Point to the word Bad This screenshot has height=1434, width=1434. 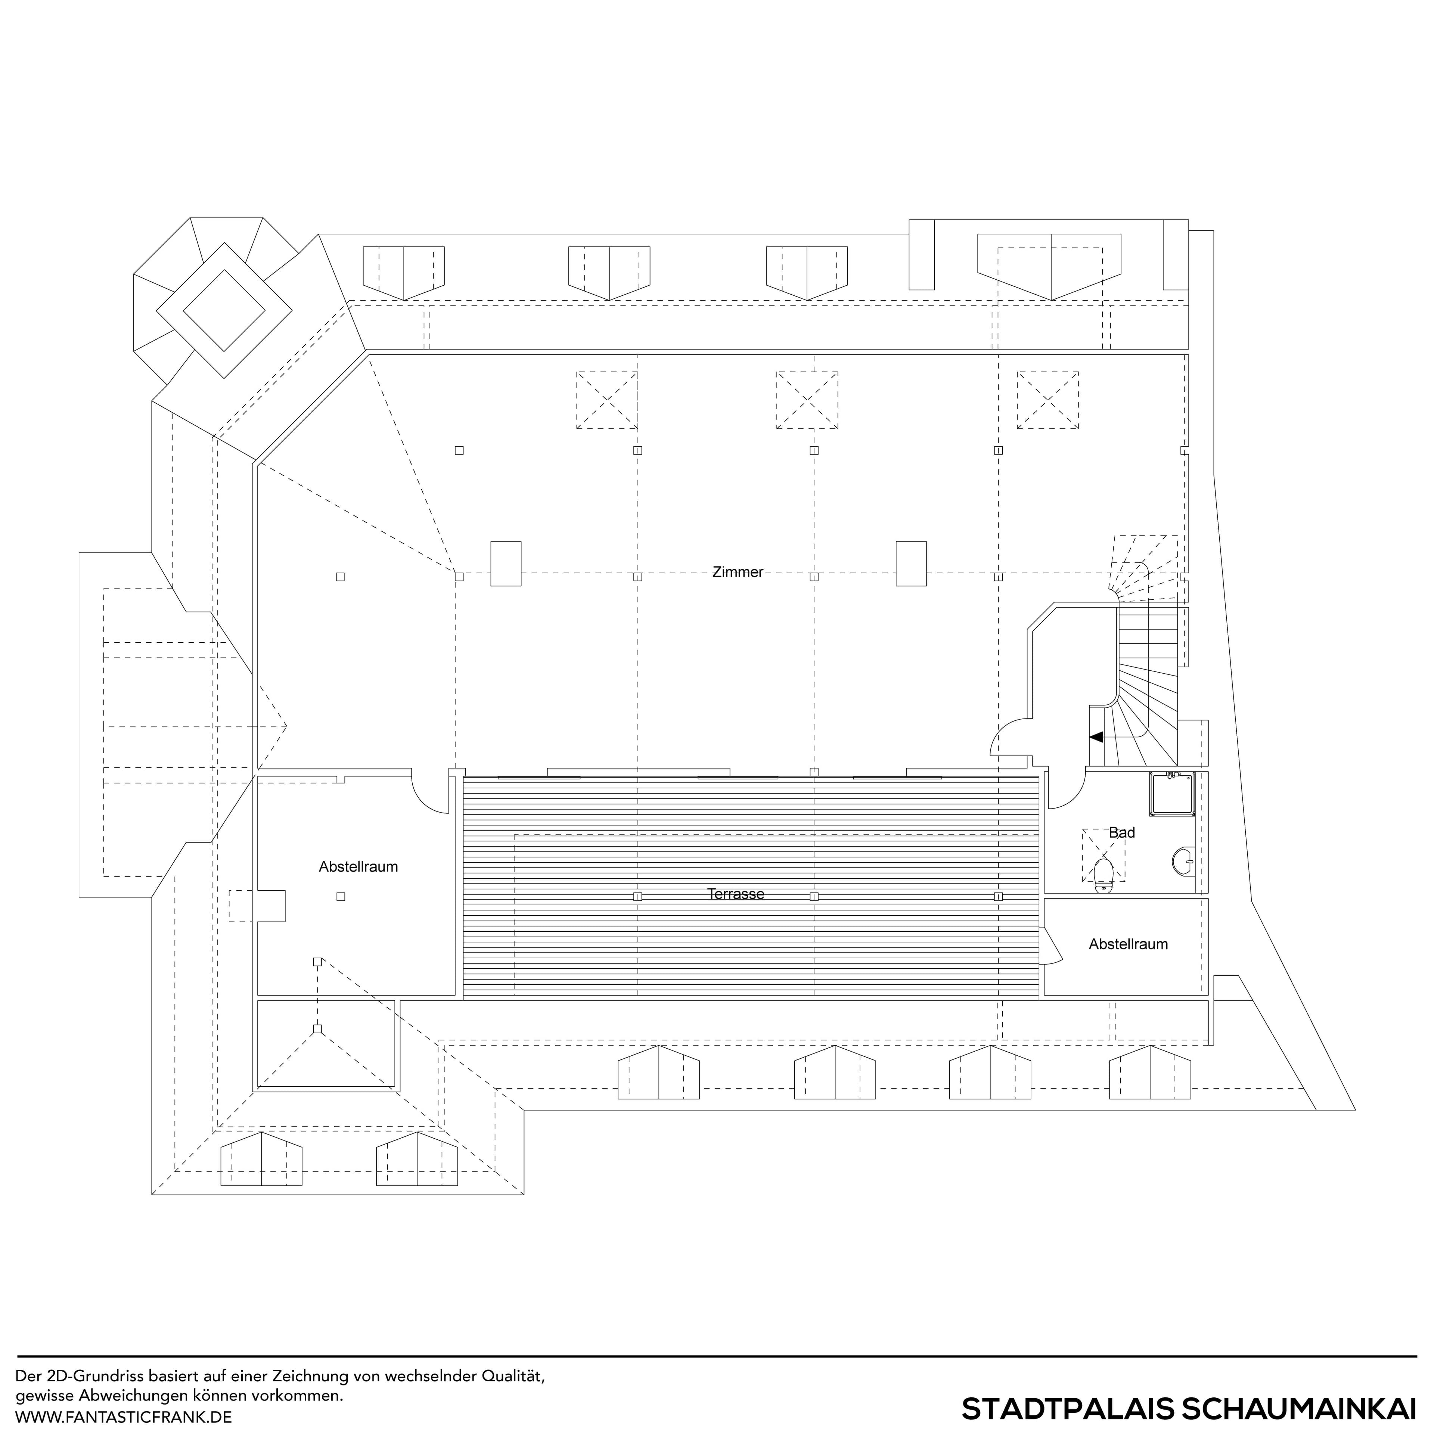pos(1121,833)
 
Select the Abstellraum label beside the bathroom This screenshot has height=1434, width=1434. pos(1128,944)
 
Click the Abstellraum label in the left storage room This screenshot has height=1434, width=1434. pos(358,866)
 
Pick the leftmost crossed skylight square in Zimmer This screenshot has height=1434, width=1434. pos(607,400)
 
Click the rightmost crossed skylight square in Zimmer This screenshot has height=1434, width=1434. pos(1047,400)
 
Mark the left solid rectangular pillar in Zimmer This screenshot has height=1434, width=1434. pos(506,564)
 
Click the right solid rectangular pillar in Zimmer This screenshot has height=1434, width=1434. pos(911,564)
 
